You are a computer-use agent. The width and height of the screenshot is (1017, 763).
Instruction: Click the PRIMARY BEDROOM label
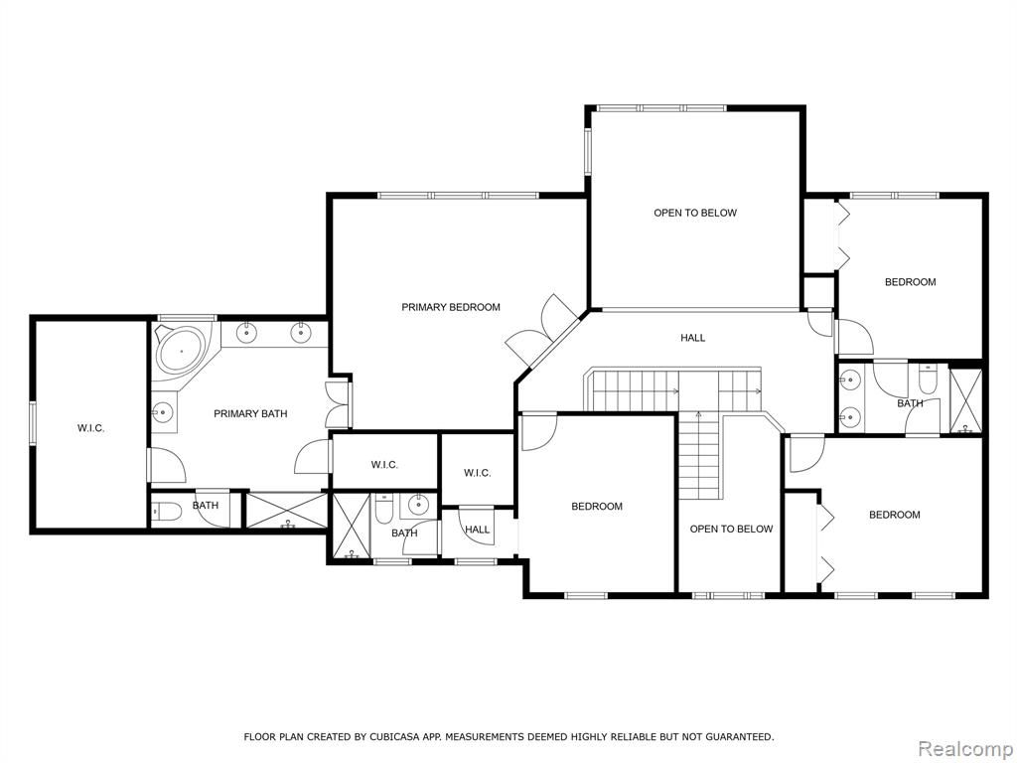451,307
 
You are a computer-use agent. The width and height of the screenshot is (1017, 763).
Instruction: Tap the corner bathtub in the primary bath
181,351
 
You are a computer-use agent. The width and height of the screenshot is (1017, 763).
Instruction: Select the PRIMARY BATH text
250,413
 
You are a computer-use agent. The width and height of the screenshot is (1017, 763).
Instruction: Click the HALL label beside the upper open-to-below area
692,338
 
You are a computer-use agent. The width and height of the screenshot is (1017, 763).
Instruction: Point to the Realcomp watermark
965,748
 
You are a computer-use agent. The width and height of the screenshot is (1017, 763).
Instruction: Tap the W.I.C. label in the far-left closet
90,428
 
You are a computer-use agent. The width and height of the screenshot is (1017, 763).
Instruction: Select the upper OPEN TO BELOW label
695,213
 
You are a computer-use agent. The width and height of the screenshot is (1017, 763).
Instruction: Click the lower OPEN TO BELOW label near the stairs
731,529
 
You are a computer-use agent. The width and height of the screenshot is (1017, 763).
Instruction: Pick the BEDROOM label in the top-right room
911,281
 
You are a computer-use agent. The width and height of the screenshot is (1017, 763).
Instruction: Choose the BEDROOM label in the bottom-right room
895,515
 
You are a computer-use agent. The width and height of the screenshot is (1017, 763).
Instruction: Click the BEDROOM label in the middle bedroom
597,506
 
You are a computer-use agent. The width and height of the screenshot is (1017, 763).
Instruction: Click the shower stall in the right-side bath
965,400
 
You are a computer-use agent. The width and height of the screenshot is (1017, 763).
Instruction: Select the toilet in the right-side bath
928,379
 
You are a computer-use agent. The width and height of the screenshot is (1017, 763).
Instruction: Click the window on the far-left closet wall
31,425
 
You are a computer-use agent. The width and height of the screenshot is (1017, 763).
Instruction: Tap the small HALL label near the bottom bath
478,530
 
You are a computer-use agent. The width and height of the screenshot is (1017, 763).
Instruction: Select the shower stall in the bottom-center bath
352,526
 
